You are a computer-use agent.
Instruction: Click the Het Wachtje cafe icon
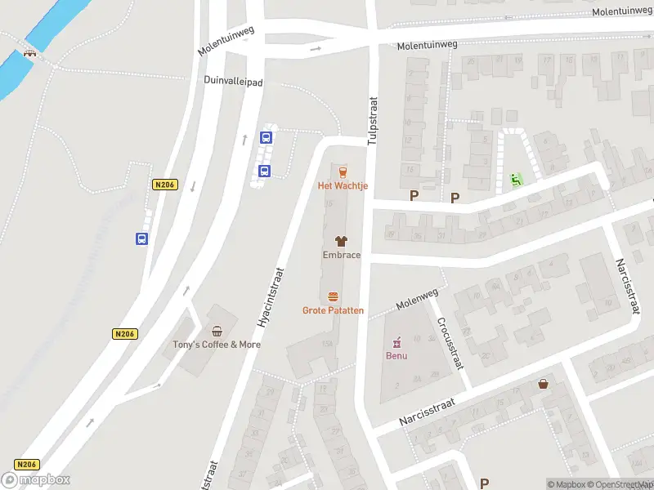point(342,171)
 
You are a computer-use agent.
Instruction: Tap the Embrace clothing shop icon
point(342,241)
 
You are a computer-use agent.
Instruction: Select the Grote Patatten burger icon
point(333,296)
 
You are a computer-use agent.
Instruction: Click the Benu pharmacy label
point(396,356)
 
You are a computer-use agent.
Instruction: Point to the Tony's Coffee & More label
point(217,345)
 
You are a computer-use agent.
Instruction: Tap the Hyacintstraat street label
point(271,298)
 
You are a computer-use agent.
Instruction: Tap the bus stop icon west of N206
point(142,239)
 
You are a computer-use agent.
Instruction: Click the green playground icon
point(515,179)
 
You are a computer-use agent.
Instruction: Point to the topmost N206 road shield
point(165,185)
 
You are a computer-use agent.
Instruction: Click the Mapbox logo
point(36,479)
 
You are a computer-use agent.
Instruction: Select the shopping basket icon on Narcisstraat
point(543,384)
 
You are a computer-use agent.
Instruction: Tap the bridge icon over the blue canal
point(30,53)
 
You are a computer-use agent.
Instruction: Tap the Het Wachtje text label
point(343,186)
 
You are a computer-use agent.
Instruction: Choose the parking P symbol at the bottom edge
point(484,483)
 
